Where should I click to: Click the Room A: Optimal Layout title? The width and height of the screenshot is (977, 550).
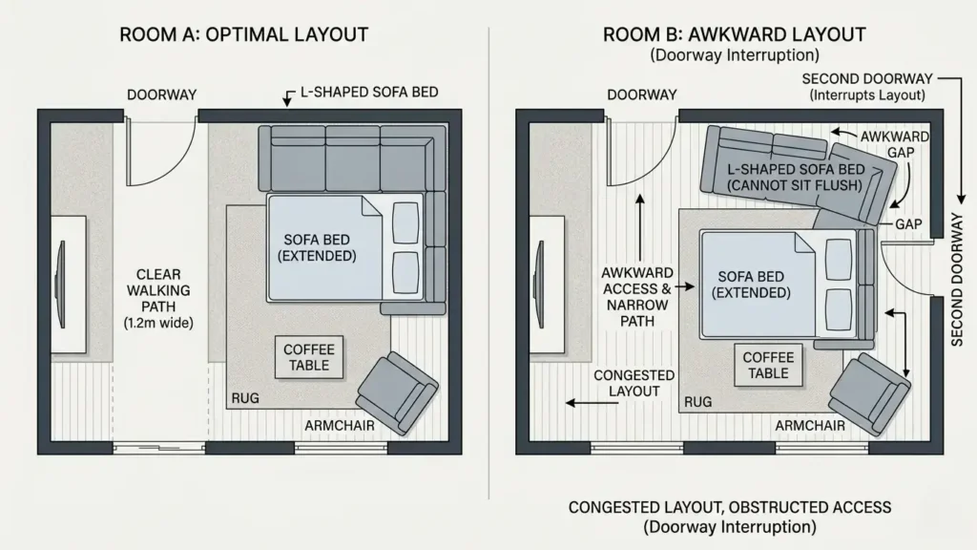(243, 35)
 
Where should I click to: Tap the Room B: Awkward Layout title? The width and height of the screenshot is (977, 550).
(734, 35)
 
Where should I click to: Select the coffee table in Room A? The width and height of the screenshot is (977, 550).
(308, 358)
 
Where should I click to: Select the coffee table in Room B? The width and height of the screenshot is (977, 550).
(768, 365)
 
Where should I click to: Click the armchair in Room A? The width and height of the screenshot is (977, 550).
(397, 391)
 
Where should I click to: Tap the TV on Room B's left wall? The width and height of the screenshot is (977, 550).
(541, 271)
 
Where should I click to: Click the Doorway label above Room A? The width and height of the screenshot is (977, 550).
(162, 95)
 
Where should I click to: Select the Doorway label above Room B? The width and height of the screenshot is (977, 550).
(642, 95)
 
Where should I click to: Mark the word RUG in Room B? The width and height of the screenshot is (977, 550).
(697, 402)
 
